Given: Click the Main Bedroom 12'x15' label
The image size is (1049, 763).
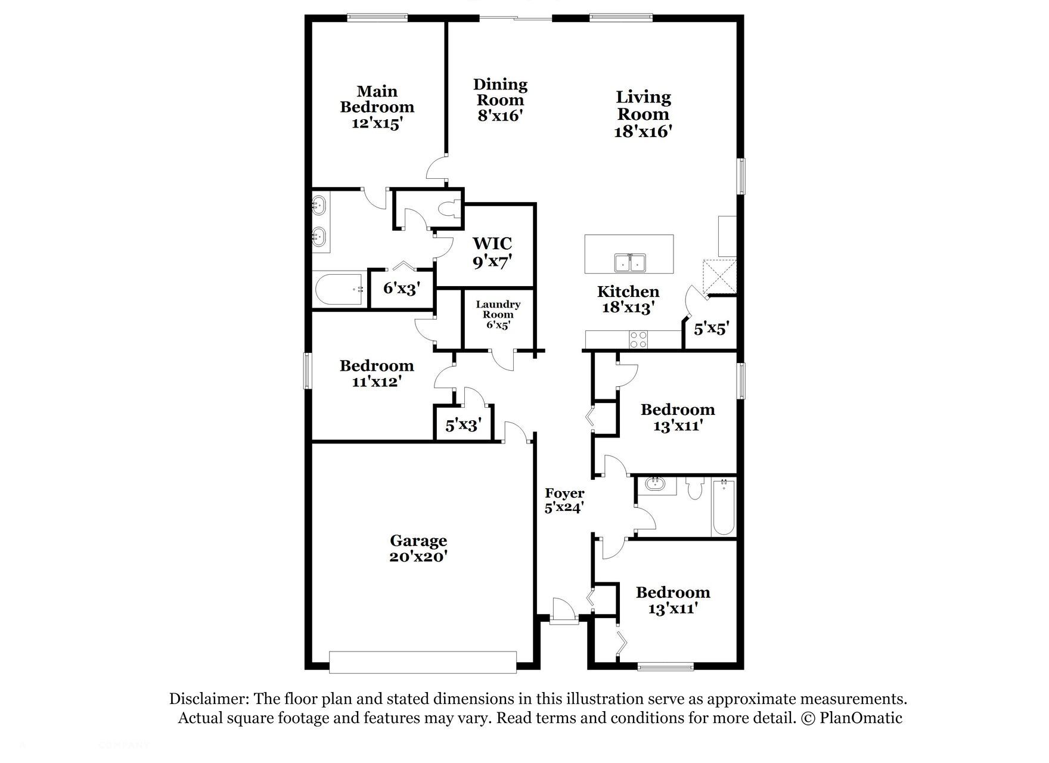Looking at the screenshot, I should [377, 108].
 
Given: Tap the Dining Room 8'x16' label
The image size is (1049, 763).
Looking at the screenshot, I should [500, 100].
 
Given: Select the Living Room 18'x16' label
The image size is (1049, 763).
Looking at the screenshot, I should [643, 114].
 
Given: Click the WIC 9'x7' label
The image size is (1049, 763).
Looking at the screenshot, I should [492, 252].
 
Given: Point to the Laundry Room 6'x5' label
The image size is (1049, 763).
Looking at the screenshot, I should [498, 314].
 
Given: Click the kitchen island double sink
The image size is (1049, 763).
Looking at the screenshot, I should [630, 262].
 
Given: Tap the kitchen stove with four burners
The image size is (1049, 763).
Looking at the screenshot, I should [638, 339].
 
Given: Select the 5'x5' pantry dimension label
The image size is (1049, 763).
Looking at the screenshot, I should [711, 328].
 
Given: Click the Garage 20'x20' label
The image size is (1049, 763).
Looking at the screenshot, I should [418, 548].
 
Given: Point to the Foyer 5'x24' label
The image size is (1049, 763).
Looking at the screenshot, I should [564, 500].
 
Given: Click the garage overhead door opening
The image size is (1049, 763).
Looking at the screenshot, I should [423, 662].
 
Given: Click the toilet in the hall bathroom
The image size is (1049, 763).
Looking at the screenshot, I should [695, 489].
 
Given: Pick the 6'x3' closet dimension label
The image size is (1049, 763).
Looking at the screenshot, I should [402, 289].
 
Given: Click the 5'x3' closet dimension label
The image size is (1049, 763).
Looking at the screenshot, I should [463, 425].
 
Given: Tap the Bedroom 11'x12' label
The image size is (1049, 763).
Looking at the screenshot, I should [376, 373].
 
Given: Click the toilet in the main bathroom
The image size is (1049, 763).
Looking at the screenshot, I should [447, 209].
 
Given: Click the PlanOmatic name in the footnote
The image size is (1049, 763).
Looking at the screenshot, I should [861, 718].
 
